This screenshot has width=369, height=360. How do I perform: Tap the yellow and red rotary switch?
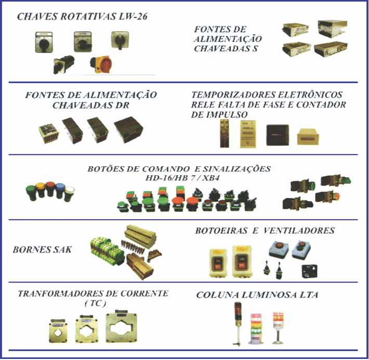click(x=101, y=64)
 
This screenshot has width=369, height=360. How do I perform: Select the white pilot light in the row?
click(x=70, y=194)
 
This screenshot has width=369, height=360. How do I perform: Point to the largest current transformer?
click(x=122, y=326)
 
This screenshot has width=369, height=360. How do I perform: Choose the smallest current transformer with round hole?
click(x=58, y=331)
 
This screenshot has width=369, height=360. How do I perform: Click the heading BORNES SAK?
click(x=42, y=250)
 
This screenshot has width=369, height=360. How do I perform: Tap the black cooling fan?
click(x=310, y=271)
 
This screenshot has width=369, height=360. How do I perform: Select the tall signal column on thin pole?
click(x=238, y=324)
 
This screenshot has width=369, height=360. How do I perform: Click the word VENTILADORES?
click(x=299, y=230)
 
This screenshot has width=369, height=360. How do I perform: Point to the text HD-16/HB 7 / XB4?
click(x=182, y=178)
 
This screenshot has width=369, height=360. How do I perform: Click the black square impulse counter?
click(x=278, y=135)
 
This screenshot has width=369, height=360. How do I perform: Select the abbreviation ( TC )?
click(x=95, y=303)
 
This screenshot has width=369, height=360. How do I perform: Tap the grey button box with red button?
click(x=279, y=249)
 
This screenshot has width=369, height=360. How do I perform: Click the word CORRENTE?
click(x=144, y=294)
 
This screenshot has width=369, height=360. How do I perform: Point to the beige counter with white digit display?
click(x=308, y=136)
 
